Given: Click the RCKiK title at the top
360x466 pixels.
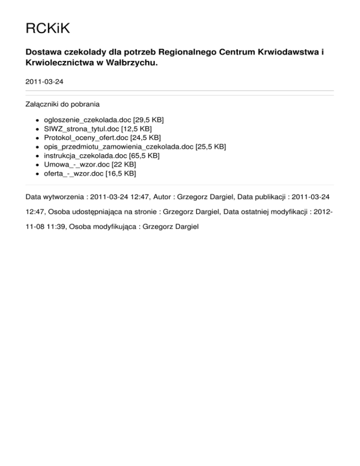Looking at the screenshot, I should click(x=47, y=30).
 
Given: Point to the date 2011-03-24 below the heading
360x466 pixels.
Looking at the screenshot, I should click(x=45, y=82).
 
